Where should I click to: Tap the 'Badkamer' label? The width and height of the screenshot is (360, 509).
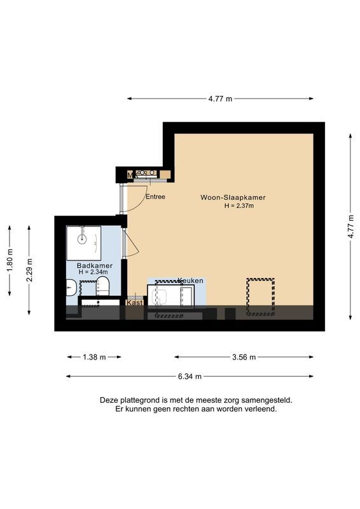pyautogui.click(x=94, y=265)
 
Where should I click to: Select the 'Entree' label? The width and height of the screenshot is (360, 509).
pyautogui.click(x=155, y=197)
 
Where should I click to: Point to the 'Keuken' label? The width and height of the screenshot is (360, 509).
pyautogui.click(x=190, y=281)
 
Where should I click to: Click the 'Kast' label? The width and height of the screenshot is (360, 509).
pyautogui.click(x=134, y=303)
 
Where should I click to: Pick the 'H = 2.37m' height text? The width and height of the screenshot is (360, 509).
pyautogui.click(x=239, y=206)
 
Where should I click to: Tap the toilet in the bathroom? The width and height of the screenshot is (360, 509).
pyautogui.click(x=103, y=287)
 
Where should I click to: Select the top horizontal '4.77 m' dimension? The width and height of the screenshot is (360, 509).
pyautogui.click(x=220, y=99)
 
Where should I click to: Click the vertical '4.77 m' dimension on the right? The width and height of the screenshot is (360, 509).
pyautogui.click(x=350, y=227)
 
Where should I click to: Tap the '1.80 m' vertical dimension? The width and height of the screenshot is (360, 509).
pyautogui.click(x=10, y=260)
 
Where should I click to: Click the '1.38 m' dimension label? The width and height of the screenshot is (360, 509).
pyautogui.click(x=94, y=357)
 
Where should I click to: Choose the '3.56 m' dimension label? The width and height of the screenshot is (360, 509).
pyautogui.click(x=243, y=357)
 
